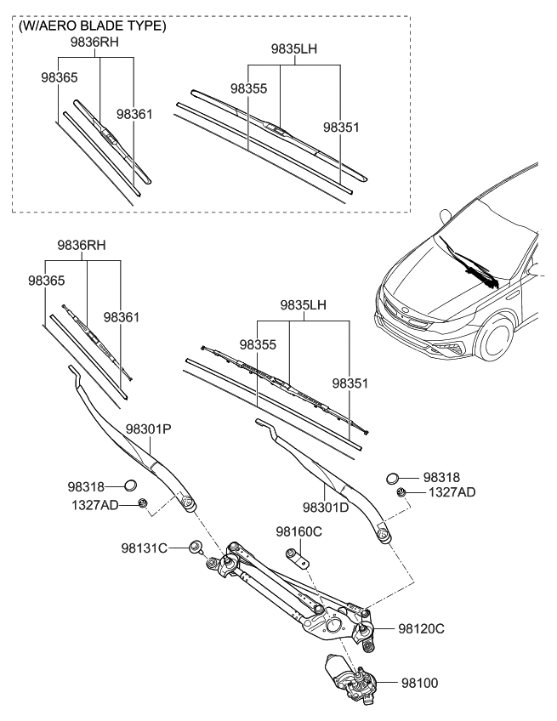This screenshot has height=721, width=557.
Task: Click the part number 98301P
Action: click(x=149, y=429)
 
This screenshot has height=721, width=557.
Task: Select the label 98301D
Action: click(x=327, y=508)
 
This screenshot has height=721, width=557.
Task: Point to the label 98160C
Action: click(x=298, y=531)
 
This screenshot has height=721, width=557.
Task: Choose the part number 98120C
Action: click(x=422, y=629)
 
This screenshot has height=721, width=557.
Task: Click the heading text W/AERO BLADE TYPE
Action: click(x=92, y=26)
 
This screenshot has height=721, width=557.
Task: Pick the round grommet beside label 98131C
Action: click(x=195, y=547)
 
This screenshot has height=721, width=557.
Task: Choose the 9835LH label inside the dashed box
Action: click(x=293, y=49)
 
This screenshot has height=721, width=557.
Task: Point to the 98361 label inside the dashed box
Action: click(x=134, y=113)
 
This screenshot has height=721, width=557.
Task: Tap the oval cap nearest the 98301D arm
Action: click(x=392, y=479)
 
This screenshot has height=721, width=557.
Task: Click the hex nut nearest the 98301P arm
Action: click(x=144, y=504)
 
